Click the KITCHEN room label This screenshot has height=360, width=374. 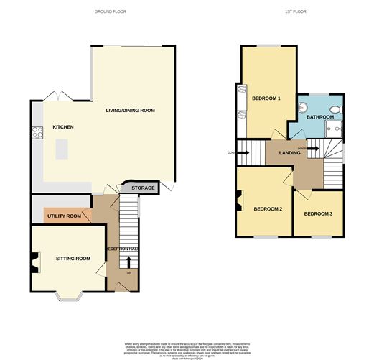click(x=63, y=127)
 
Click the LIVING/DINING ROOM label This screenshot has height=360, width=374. click(x=130, y=110)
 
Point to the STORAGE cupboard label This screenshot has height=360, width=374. click(x=143, y=188)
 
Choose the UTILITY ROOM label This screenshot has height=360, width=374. click(x=64, y=216)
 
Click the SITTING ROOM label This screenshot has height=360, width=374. click(x=73, y=258)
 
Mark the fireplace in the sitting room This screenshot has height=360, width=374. click(x=34, y=264)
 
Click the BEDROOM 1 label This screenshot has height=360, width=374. click(x=266, y=98)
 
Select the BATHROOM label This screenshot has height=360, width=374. click(x=320, y=116)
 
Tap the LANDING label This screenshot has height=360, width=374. click(x=289, y=152)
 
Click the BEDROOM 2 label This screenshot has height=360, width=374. click(x=267, y=209)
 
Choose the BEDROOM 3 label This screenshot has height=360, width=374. click(x=318, y=213)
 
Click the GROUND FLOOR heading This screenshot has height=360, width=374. click(x=111, y=12)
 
